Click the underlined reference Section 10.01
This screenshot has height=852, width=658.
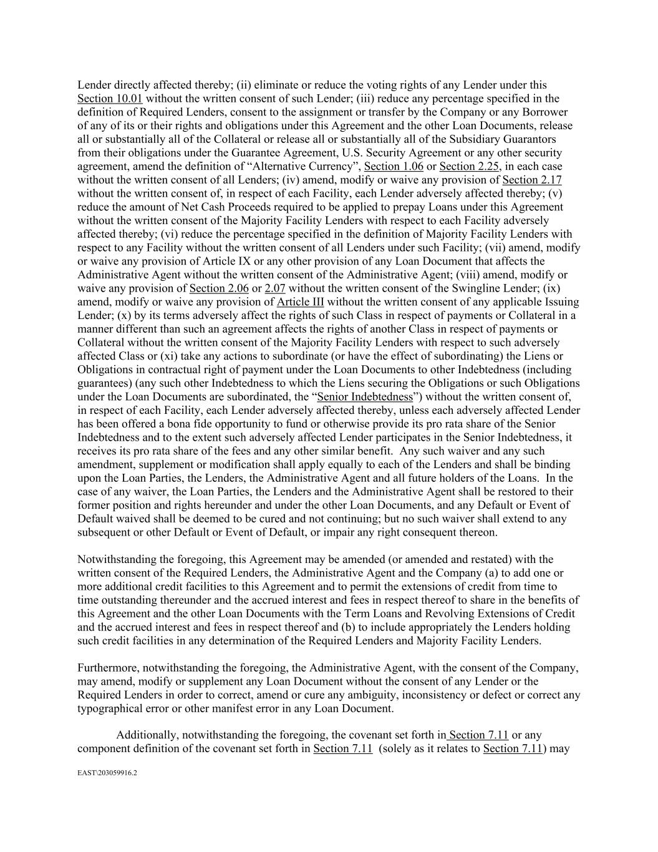pyautogui.click(x=110, y=99)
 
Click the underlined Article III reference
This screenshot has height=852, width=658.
pyautogui.click(x=301, y=302)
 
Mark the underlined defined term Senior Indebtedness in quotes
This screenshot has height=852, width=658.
pyautogui.click(x=365, y=397)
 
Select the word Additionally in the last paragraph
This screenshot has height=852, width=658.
pyautogui.click(x=147, y=735)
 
